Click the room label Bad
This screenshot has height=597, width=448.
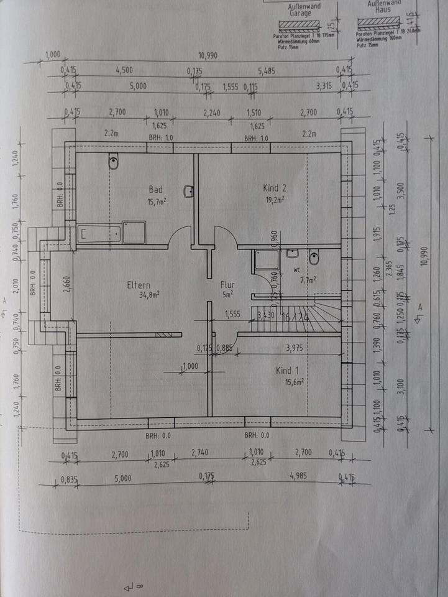(155, 189)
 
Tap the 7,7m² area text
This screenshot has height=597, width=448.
(308, 280)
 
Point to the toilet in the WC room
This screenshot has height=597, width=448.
(314, 255)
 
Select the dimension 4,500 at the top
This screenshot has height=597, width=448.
(124, 70)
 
